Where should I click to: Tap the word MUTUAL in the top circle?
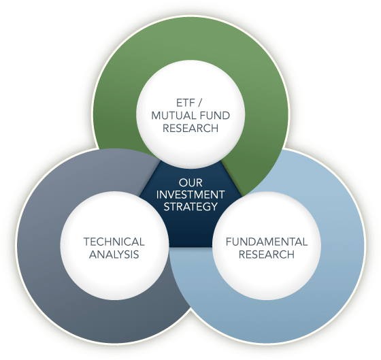coord(168,115)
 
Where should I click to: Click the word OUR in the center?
coord(190,183)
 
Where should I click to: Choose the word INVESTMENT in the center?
coord(190,195)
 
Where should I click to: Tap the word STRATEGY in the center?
coord(190,208)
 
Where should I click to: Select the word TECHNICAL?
coord(114,242)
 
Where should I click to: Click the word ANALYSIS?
coord(114,255)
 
